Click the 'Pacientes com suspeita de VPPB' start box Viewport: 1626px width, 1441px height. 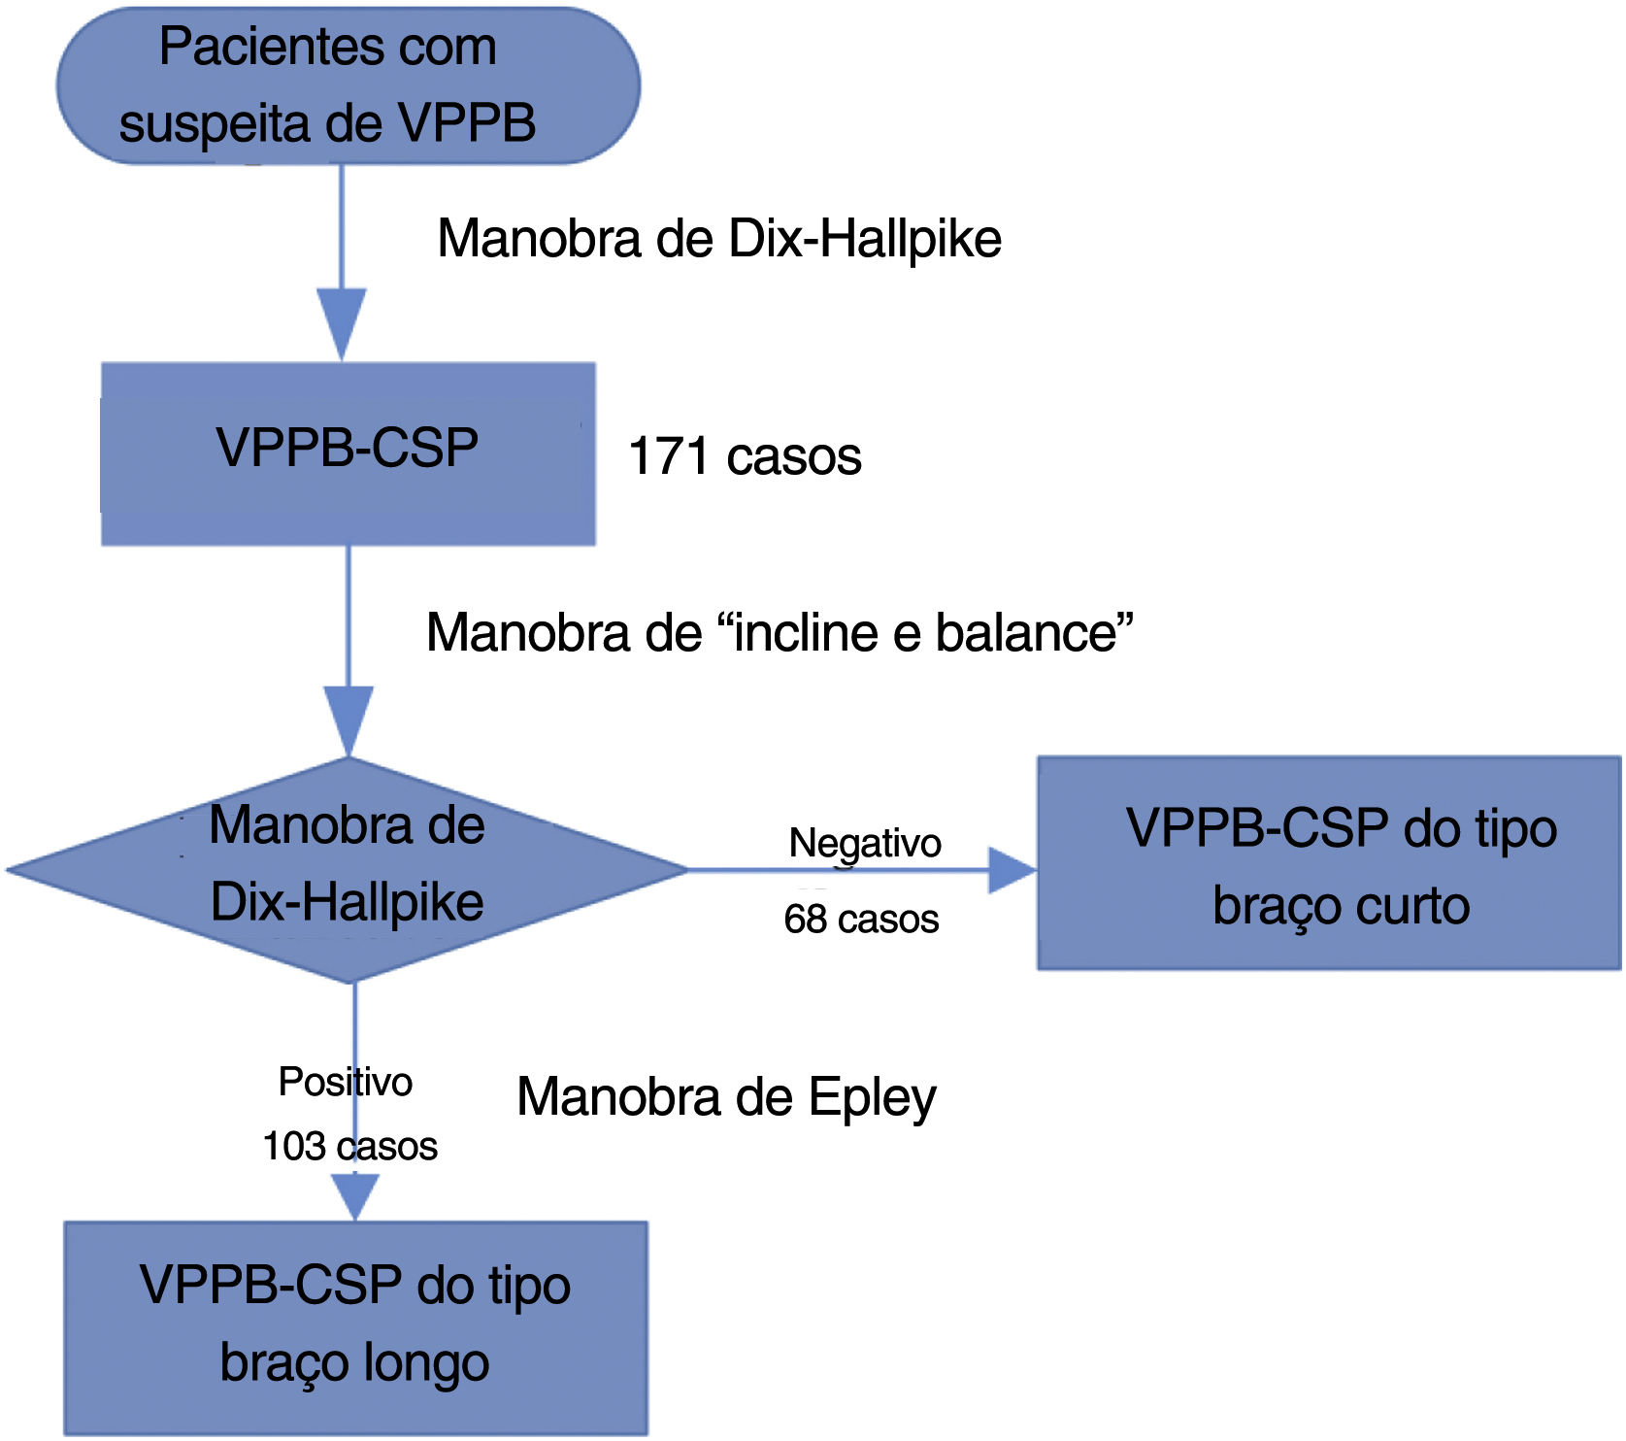tap(348, 85)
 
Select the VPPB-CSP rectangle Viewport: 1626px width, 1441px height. tap(348, 452)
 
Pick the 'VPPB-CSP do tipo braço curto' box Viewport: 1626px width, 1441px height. tap(1328, 863)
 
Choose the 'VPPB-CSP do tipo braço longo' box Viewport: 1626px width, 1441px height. tap(355, 1326)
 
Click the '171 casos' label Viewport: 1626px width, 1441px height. tap(745, 456)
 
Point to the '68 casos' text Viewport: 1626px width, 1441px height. tap(861, 919)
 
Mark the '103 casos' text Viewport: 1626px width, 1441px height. tap(349, 1147)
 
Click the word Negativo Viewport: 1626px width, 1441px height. tap(864, 843)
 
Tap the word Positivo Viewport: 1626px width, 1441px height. tap(345, 1082)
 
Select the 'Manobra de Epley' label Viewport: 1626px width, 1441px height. tap(726, 1097)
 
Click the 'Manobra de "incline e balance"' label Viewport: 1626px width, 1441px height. tap(780, 633)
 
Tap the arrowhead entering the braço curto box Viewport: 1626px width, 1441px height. tap(1012, 869)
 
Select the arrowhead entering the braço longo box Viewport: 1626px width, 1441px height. tap(355, 1196)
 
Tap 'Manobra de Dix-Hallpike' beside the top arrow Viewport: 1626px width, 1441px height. tap(719, 239)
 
